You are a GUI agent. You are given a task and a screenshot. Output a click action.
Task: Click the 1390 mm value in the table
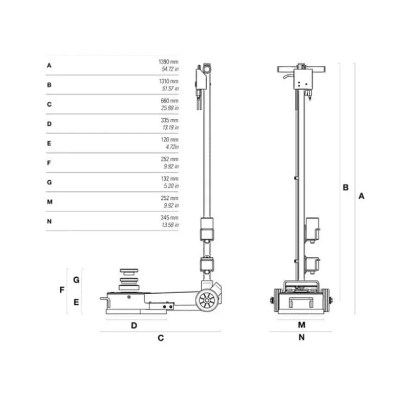click(168, 62)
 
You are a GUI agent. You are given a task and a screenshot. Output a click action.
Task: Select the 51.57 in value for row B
click(170, 89)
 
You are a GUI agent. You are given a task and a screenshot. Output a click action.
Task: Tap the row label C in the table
click(49, 104)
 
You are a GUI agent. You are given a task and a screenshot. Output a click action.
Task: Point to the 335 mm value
click(169, 120)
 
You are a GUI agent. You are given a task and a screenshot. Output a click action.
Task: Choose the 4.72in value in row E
click(172, 147)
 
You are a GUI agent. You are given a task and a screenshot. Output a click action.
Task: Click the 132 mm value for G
click(169, 179)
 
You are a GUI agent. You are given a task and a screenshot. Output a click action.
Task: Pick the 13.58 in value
click(170, 225)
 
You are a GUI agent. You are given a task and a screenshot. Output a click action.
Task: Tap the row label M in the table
click(50, 202)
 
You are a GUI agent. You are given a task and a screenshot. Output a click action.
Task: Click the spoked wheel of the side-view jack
click(207, 301)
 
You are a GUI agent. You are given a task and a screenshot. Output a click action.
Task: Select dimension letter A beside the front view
click(361, 196)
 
